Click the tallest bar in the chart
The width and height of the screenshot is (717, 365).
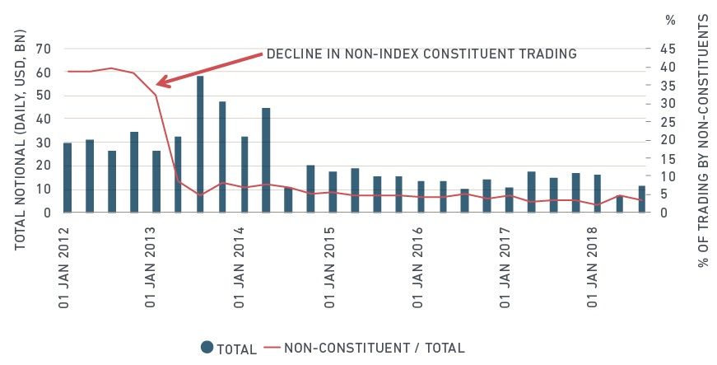pyautogui.click(x=200, y=143)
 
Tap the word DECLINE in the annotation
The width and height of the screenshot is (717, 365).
pyautogui.click(x=291, y=54)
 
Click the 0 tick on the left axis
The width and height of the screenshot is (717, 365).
pyautogui.click(x=48, y=213)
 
